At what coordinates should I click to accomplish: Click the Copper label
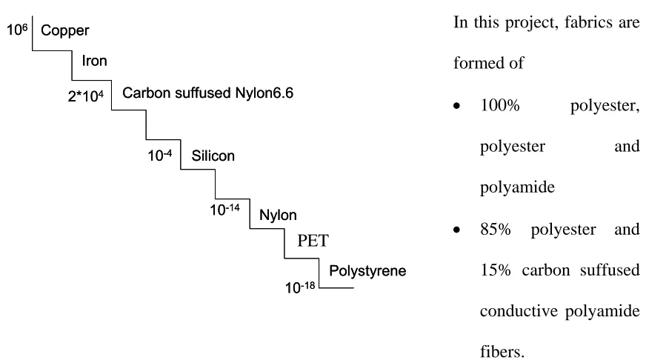tap(64, 30)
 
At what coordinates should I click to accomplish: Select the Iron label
tap(94, 61)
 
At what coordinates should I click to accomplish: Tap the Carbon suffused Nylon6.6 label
tap(207, 93)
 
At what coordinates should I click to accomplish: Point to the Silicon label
tap(213, 156)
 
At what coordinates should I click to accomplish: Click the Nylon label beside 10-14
tap(278, 215)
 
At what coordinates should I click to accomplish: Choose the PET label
tap(313, 241)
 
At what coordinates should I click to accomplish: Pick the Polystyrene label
tap(367, 271)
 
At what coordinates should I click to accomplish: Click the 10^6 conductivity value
tap(17, 29)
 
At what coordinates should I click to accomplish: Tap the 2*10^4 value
tap(86, 96)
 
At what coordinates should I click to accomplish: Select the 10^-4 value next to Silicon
tap(160, 156)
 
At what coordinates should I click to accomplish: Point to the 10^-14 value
tap(224, 210)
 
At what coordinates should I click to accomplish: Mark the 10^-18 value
tap(300, 287)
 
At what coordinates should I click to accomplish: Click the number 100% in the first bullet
tap(500, 105)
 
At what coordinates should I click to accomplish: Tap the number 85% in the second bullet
tap(495, 230)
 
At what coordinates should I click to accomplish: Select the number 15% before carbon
tap(495, 270)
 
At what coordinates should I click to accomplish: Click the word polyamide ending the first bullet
tap(517, 187)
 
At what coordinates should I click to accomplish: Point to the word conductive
tap(519, 311)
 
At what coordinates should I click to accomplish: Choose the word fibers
tap(502, 352)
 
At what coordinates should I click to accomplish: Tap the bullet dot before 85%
tap(456, 230)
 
